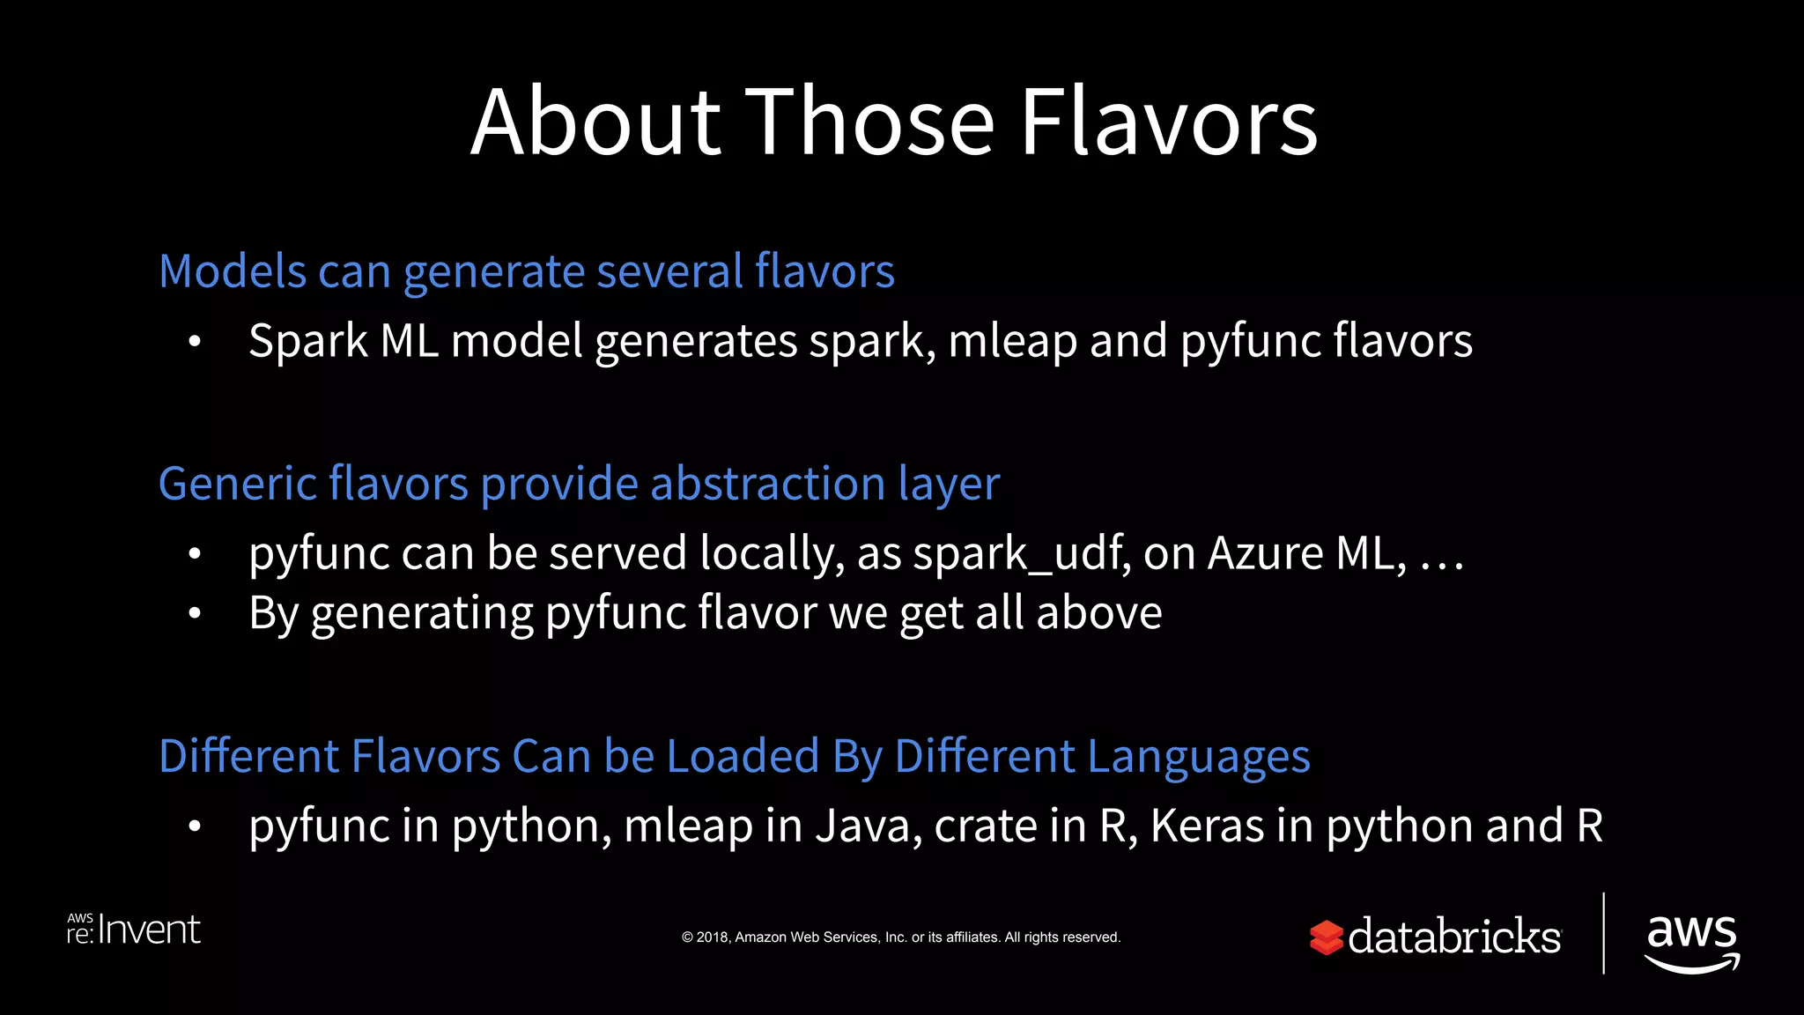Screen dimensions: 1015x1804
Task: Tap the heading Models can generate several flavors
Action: [x=526, y=271]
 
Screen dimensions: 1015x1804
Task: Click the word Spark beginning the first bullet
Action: [x=307, y=341]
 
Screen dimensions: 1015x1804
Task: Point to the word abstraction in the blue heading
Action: [x=767, y=484]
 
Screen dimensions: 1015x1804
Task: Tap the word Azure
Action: [x=1265, y=554]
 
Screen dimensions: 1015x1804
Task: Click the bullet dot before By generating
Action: [x=195, y=613]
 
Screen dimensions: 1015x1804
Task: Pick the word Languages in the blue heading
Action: [x=1199, y=757]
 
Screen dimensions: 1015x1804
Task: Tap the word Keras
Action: [x=1207, y=826]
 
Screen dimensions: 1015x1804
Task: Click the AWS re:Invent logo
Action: [x=134, y=930]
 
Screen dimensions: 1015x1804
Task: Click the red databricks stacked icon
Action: [x=1326, y=937]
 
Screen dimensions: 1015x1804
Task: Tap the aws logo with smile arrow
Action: [x=1691, y=941]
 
